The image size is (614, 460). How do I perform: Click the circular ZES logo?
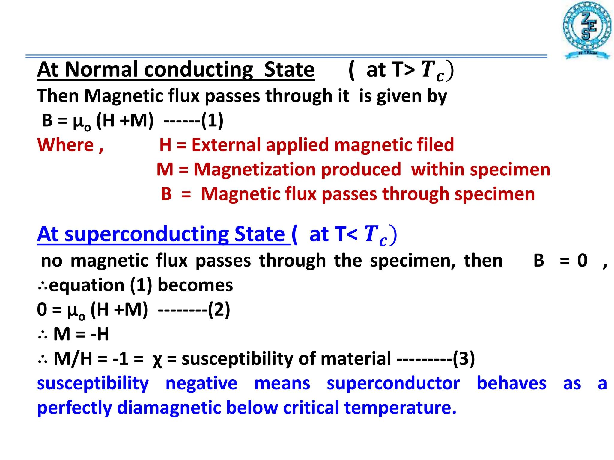point(587,29)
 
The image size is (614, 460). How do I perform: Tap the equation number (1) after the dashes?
point(212,121)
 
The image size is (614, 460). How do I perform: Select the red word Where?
point(66,145)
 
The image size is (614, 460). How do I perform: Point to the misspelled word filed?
point(437,145)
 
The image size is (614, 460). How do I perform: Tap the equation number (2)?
point(219,310)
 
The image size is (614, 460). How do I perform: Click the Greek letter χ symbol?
point(157,359)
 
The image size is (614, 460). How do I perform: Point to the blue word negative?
point(201,384)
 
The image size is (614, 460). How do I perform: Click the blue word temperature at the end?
point(400,408)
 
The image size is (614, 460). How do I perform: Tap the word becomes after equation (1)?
point(195,285)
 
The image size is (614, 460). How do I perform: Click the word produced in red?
point(361,170)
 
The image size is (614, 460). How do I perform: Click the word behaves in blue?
point(511,384)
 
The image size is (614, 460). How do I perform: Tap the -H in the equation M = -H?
point(100,334)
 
